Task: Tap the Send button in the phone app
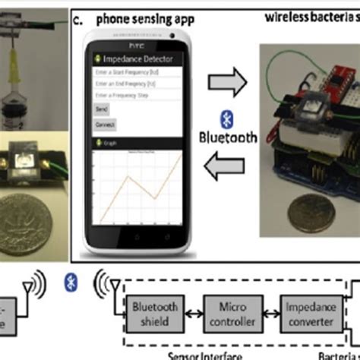click(x=100, y=109)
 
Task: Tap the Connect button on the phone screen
click(x=104, y=124)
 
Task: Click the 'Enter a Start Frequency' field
click(x=137, y=71)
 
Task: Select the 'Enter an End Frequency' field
click(x=137, y=84)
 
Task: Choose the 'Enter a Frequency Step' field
click(x=137, y=96)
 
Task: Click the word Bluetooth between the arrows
click(x=226, y=139)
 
